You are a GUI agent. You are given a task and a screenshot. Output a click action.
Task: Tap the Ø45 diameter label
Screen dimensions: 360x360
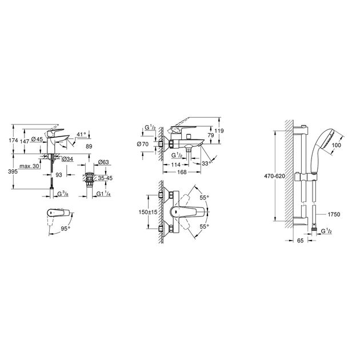pyautogui.click(x=38, y=140)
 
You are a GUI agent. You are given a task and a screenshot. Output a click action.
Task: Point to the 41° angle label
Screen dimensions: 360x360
pyautogui.click(x=81, y=134)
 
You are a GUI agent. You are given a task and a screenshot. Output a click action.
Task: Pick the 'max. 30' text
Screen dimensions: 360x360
pyautogui.click(x=29, y=166)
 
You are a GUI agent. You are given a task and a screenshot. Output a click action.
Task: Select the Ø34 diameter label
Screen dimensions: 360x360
pyautogui.click(x=65, y=159)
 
